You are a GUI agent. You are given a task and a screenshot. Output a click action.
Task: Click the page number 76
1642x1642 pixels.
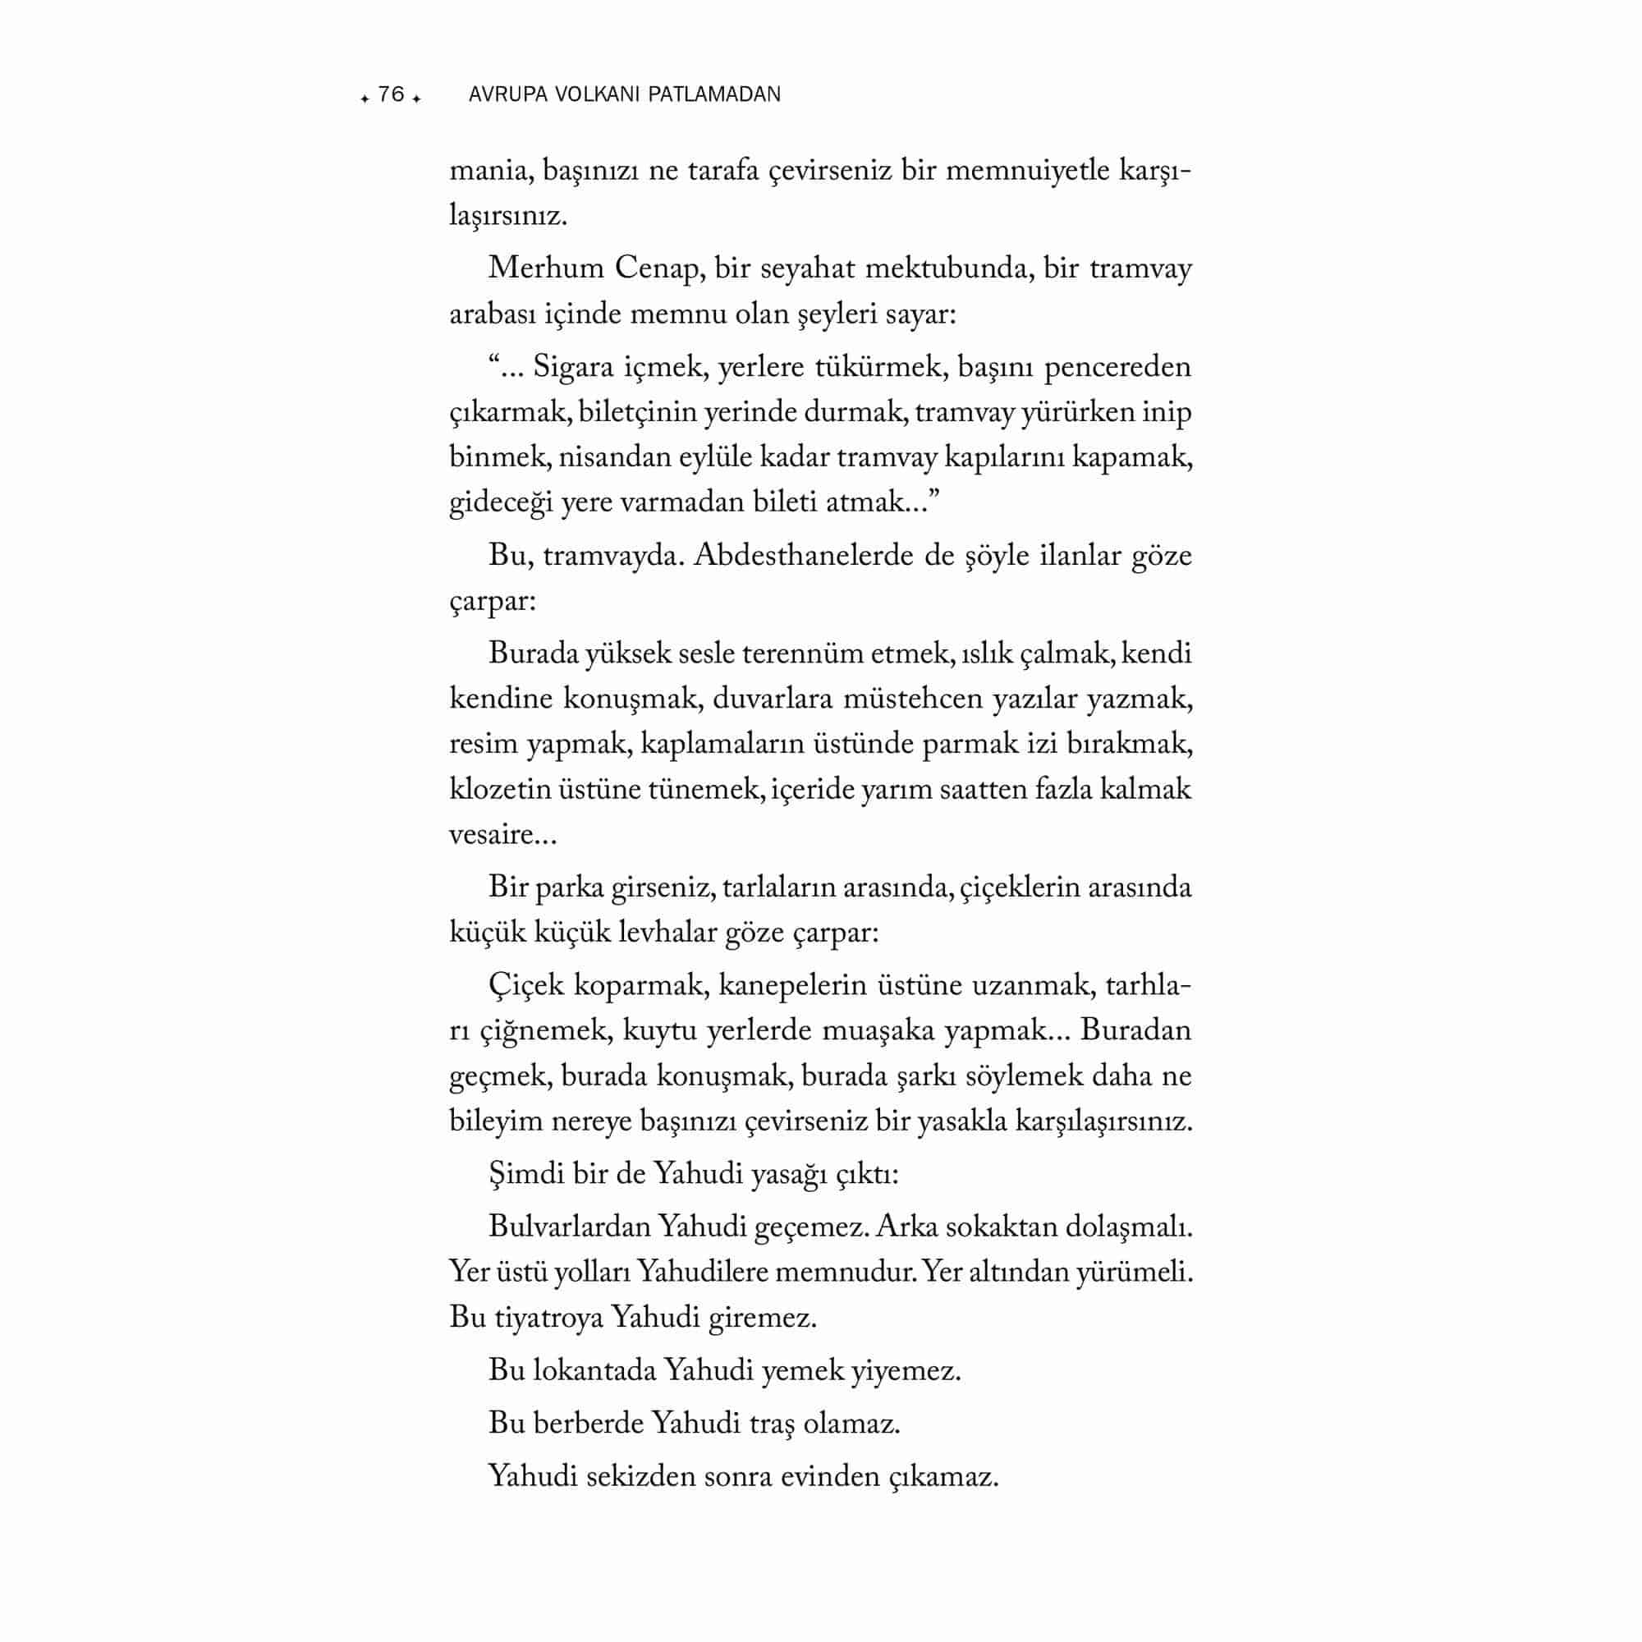click(x=391, y=94)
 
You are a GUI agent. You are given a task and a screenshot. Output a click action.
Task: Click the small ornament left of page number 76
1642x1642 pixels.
click(x=365, y=99)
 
